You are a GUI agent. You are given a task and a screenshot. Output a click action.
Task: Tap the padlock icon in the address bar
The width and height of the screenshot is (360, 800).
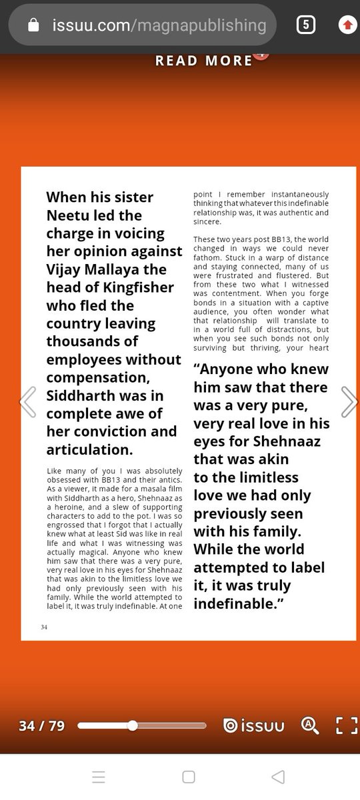(x=33, y=25)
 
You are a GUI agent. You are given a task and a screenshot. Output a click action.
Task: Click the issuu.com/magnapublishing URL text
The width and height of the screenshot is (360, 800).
(x=159, y=25)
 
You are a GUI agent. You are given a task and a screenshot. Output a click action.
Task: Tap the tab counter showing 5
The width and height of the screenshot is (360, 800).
(x=305, y=25)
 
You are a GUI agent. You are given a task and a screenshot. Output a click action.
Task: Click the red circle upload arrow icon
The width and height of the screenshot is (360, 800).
(x=347, y=25)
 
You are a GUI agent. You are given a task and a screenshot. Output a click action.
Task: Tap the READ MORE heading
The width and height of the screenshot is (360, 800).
(x=203, y=61)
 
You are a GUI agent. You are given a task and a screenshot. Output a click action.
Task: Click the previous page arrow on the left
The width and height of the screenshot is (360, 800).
(x=27, y=401)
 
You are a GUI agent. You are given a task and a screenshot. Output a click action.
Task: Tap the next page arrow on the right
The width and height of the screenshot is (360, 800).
(x=349, y=401)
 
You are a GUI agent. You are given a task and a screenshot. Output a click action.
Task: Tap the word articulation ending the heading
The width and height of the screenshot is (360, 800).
(x=87, y=449)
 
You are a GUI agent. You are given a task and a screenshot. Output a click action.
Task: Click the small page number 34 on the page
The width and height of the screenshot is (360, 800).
(x=44, y=627)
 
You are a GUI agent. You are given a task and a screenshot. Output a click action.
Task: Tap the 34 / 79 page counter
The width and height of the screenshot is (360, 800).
(x=42, y=725)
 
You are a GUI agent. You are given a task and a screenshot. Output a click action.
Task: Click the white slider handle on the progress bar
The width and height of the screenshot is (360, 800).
(x=133, y=725)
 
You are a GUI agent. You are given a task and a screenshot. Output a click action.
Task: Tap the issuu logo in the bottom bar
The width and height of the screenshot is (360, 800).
(x=253, y=725)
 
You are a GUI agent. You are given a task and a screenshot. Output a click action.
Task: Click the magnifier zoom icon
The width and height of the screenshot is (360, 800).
(x=310, y=725)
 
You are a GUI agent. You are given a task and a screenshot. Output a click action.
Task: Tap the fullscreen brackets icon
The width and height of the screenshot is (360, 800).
(x=346, y=725)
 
